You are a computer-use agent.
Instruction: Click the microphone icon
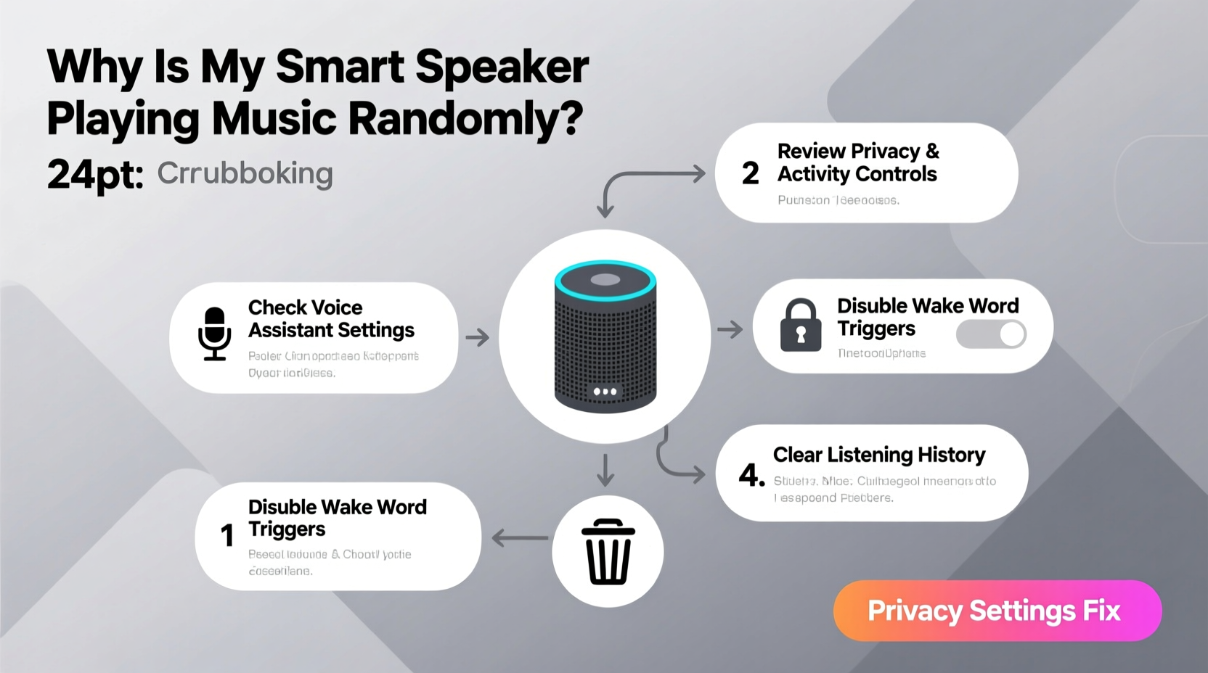[215, 334]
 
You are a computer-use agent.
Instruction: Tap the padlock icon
[800, 326]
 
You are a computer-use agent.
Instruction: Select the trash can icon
[608, 552]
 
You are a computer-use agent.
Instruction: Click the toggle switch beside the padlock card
[991, 334]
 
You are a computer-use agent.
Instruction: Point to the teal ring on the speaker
[605, 280]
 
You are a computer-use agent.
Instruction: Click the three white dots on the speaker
[605, 392]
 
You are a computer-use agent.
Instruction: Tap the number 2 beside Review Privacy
[750, 173]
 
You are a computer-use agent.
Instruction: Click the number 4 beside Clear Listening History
[751, 475]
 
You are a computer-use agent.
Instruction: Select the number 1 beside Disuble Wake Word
[227, 536]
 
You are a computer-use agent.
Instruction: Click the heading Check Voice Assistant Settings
[331, 318]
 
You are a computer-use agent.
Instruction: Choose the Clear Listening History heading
[878, 455]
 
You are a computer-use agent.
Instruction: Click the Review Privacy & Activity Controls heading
[857, 162]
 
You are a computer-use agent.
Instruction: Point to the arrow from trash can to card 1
[520, 538]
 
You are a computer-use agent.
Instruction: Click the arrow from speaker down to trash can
[605, 470]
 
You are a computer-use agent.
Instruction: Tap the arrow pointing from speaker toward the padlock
[730, 330]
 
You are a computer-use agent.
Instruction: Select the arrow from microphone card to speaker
[477, 337]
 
